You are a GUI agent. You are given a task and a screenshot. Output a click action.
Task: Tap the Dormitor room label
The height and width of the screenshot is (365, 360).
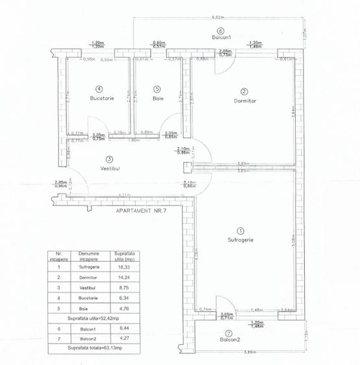click(245, 100)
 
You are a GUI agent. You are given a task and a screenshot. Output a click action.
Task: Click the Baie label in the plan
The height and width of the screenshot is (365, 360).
click(158, 98)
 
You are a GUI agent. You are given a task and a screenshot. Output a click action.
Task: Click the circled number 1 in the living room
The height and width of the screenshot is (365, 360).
click(240, 230)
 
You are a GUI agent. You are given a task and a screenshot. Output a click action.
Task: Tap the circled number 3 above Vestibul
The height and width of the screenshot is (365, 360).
click(110, 159)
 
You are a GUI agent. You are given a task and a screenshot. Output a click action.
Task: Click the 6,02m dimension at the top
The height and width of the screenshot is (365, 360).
click(218, 18)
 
